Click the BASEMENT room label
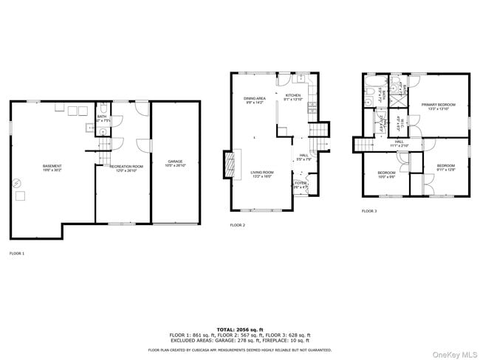[52, 167]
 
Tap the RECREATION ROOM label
[126, 167]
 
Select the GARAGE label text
[175, 161]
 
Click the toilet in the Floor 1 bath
[103, 131]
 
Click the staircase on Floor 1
[104, 156]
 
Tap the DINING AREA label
[254, 99]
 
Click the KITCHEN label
[293, 96]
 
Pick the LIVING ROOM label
[263, 173]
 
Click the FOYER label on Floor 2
[301, 184]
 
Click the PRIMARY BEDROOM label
[438, 105]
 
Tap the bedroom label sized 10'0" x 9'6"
[387, 173]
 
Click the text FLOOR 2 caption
[237, 225]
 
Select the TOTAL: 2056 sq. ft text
[240, 329]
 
